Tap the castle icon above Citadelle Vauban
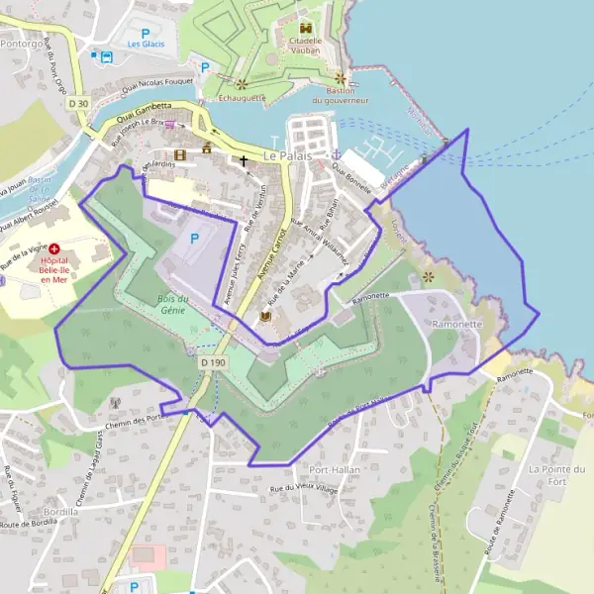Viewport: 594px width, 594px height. tap(306, 29)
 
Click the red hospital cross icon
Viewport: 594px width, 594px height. tap(54, 249)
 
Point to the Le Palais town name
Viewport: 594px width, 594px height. tap(288, 156)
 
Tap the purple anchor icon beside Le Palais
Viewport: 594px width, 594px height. tap(337, 155)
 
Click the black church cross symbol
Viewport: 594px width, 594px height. tap(244, 158)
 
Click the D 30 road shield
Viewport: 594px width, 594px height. tap(78, 103)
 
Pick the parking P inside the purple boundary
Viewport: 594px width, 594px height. tap(194, 239)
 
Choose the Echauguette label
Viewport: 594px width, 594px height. tap(240, 97)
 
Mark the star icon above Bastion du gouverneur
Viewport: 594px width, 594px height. tap(341, 77)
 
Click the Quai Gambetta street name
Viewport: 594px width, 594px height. tap(145, 112)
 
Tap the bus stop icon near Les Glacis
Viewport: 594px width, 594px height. tap(97, 55)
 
